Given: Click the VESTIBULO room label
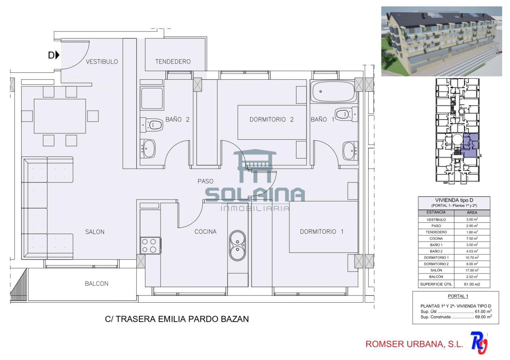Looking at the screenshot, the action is coord(102,62).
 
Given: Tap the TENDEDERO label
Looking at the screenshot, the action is coord(173,62).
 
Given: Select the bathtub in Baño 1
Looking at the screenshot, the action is coord(333,92).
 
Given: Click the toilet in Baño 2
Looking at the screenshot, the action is coord(152,125).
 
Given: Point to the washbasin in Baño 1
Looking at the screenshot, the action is coord(350,151).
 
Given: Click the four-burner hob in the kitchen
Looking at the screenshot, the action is coord(151,246).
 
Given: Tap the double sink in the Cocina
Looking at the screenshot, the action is coord(237,246).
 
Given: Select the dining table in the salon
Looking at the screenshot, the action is coord(60,116).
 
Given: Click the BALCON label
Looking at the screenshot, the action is coord(96,284).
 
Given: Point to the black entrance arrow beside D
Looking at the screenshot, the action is coord(57,55).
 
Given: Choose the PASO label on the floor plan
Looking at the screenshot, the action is coord(205,181).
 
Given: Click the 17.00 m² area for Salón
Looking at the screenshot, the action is coord(472,270).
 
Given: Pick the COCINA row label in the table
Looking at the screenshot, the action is coord(436,239).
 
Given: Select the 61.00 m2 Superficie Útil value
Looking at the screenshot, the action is coord(472,284).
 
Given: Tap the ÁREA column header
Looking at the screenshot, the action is coord(472,213).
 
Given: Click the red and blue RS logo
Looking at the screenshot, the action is coord(479,343).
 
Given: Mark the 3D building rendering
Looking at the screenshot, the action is coord(441,41).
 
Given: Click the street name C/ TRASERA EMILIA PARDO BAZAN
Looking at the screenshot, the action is coord(177,319).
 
